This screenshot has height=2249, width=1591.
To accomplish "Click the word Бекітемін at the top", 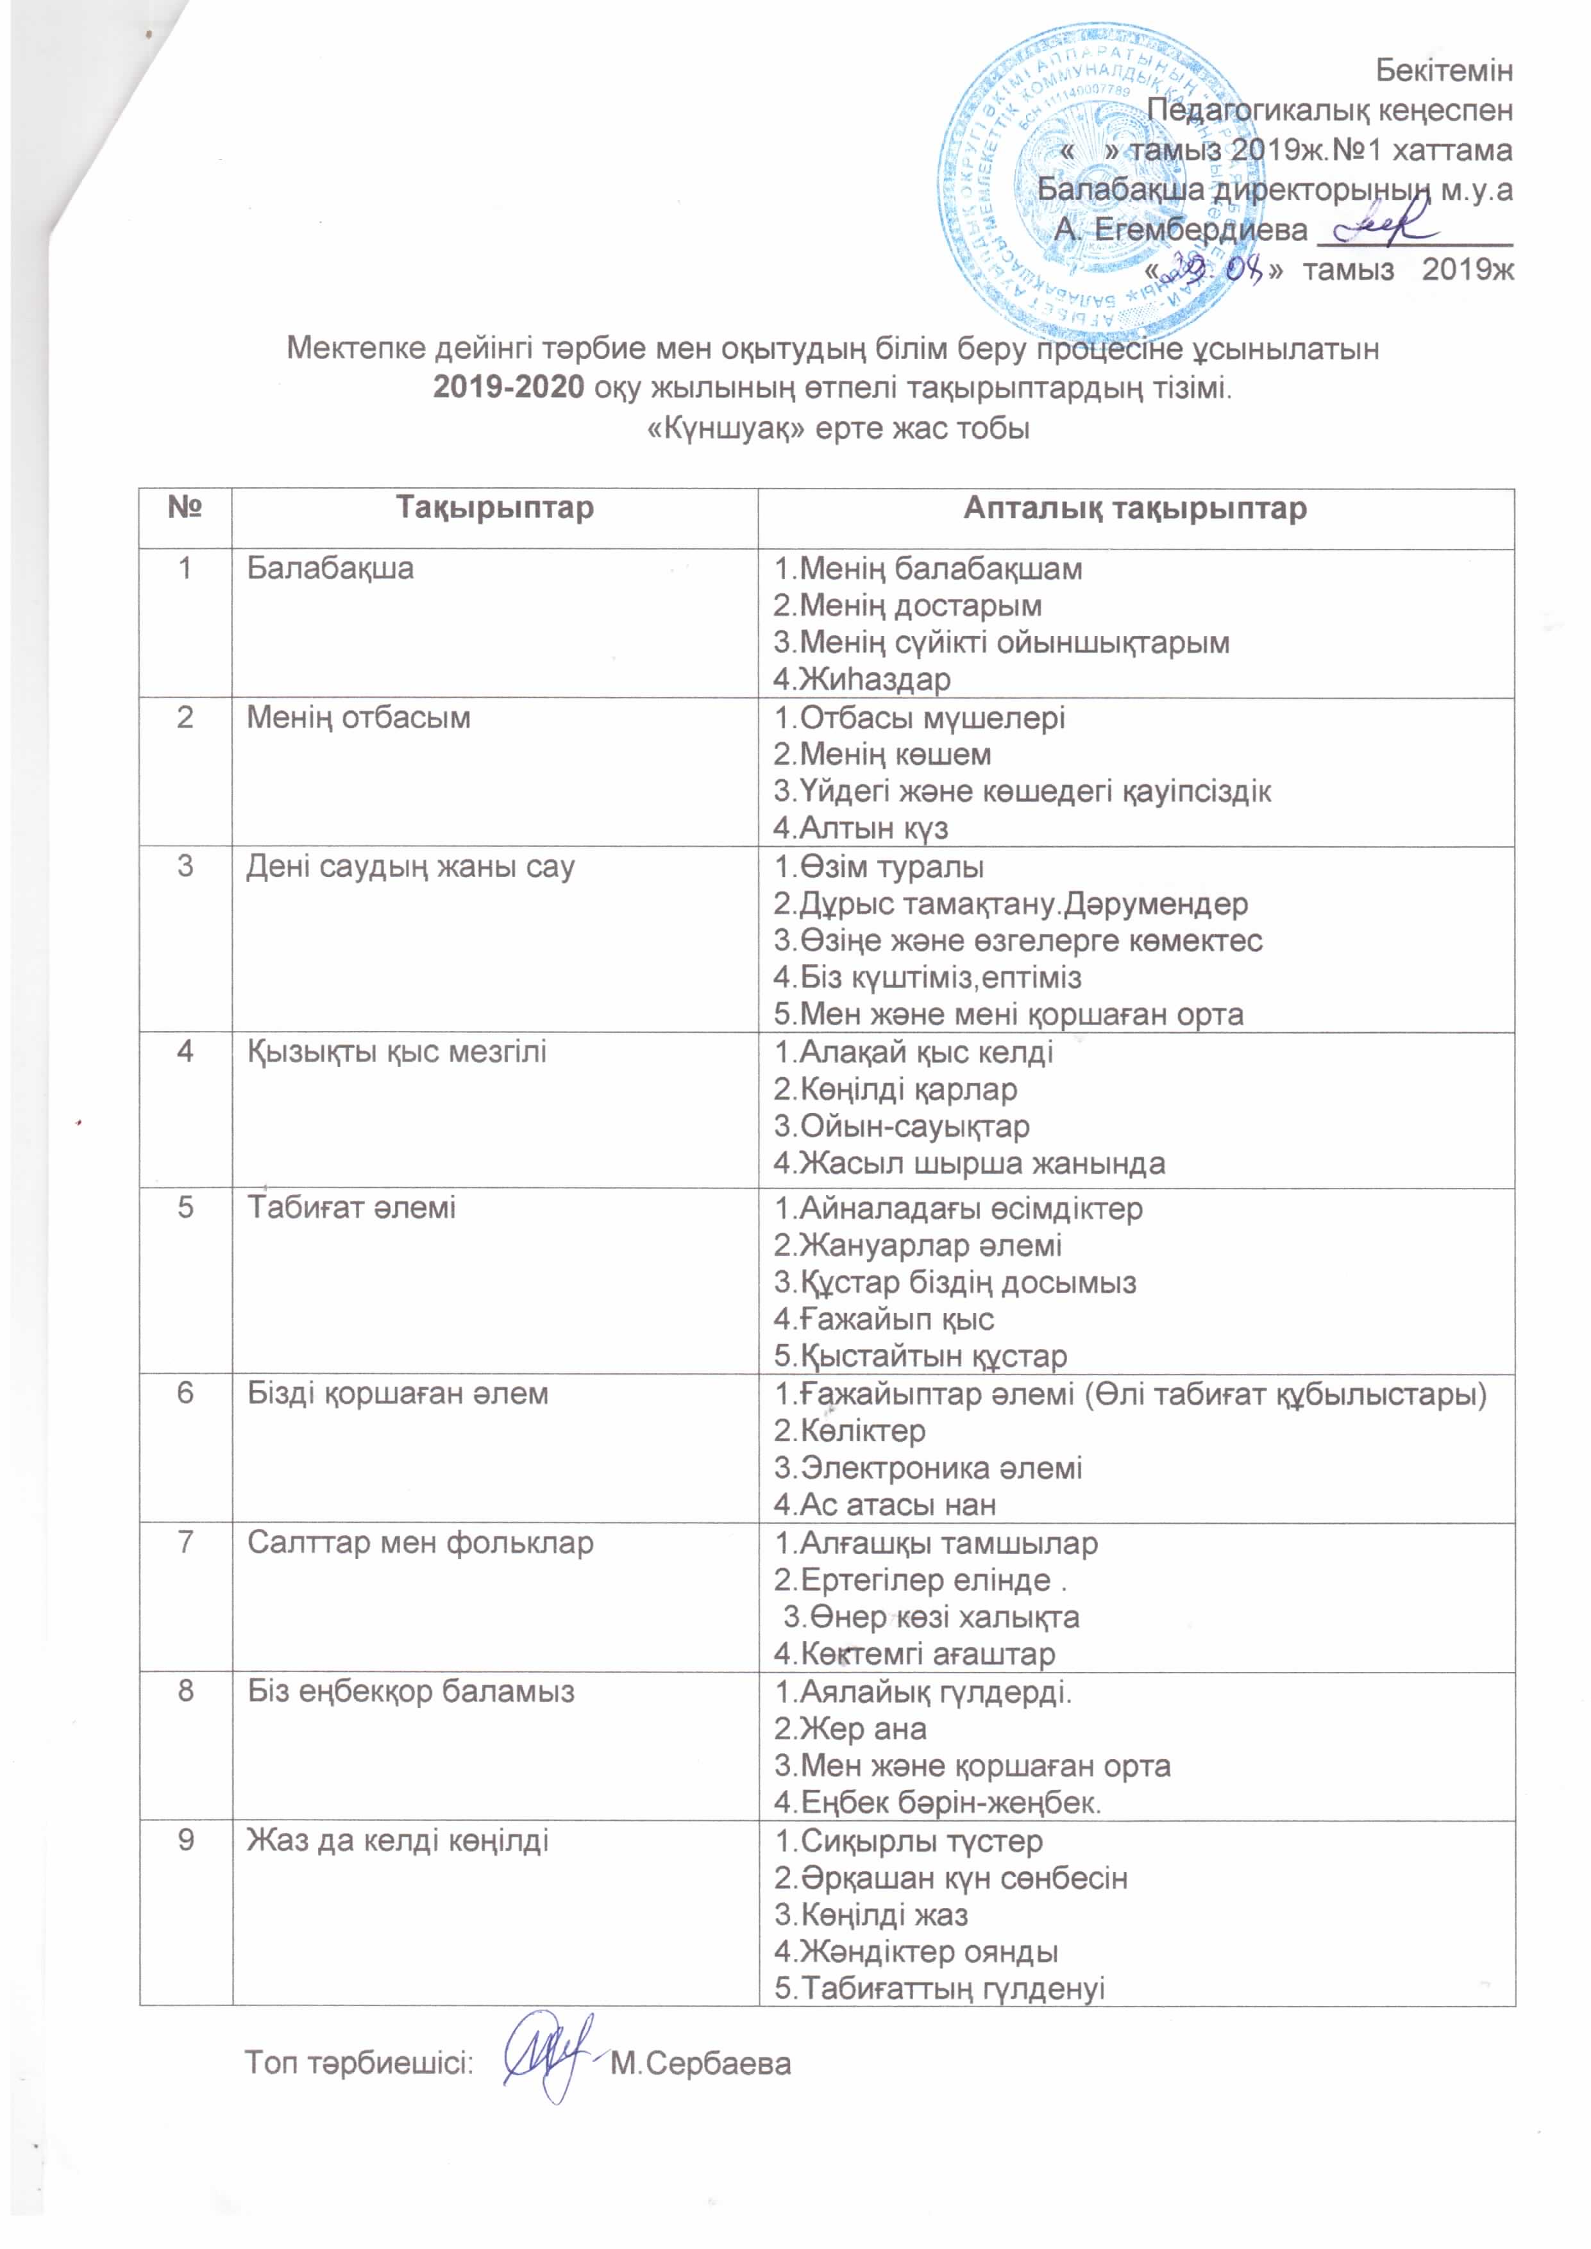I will (x=1444, y=71).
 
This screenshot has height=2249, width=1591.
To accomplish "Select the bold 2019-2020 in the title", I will (x=509, y=388).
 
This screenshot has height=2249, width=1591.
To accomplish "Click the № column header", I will (x=185, y=508).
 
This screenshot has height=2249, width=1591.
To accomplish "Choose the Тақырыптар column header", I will (x=494, y=508).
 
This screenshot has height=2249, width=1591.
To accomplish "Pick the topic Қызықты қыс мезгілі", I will (x=397, y=1052).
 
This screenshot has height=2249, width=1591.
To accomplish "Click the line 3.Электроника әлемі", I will (x=928, y=1468).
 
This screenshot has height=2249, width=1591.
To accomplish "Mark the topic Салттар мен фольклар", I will (x=420, y=1543).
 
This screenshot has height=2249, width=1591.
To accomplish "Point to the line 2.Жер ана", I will (x=850, y=1729).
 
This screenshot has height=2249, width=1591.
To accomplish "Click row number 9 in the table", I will (x=185, y=1841).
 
